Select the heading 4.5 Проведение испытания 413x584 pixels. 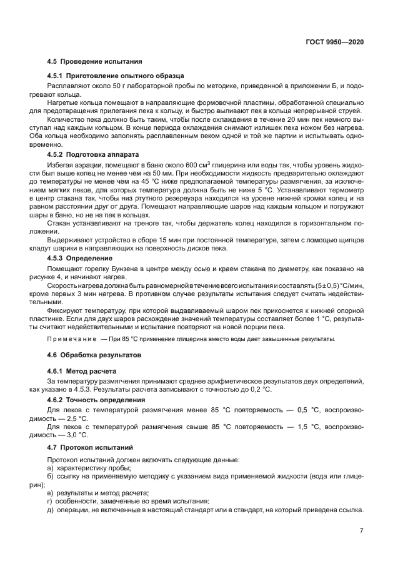click(94, 62)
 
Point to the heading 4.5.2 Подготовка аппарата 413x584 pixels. click(93, 154)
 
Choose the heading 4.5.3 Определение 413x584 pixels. click(80, 257)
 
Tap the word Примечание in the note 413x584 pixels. click(66, 339)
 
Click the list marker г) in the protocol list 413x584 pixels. click(51, 502)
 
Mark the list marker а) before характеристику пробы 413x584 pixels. click(51, 468)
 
